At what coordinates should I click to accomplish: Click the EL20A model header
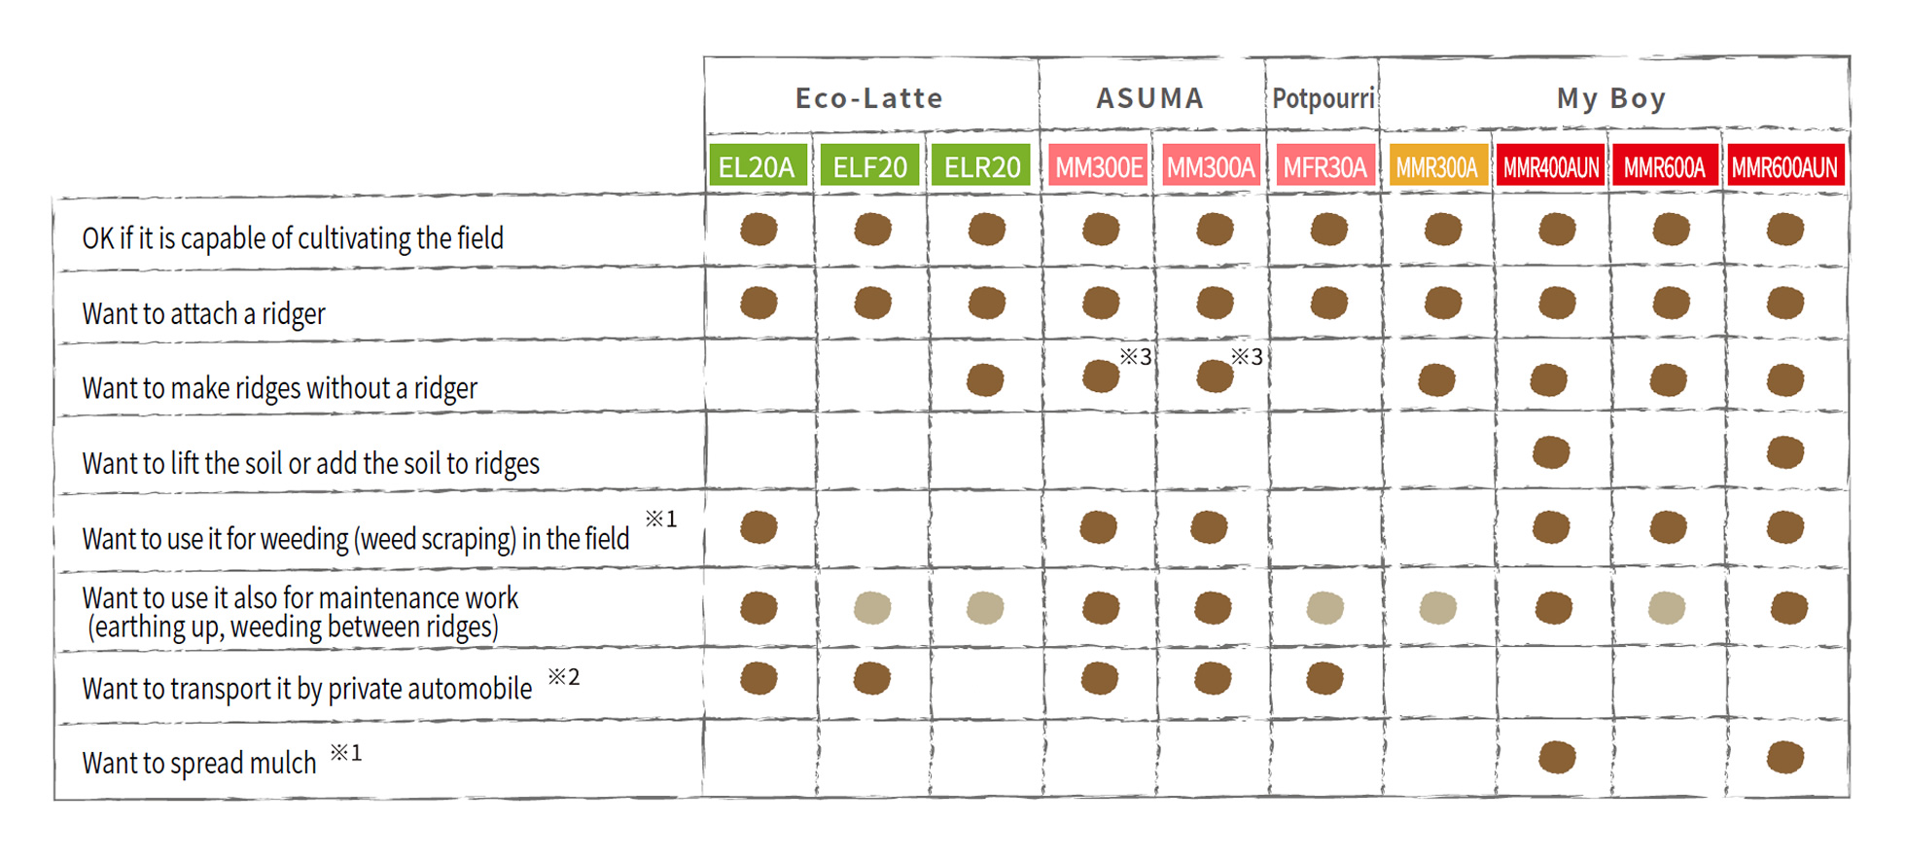click(758, 167)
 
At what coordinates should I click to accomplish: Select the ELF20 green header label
click(870, 167)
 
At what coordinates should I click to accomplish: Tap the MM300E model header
click(1099, 167)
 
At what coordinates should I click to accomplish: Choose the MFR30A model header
click(1324, 167)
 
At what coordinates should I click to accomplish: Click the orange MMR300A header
click(1437, 167)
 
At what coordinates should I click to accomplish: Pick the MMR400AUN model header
click(1551, 167)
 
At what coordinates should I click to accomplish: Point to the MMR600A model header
click(1665, 167)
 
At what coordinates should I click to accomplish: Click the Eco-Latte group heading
click(869, 98)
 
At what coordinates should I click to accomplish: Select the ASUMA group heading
click(1150, 98)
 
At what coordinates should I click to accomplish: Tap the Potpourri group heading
click(1324, 98)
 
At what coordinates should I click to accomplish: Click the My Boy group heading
click(1611, 99)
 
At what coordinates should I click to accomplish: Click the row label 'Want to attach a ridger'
click(203, 314)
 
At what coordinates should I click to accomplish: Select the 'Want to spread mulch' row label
click(199, 763)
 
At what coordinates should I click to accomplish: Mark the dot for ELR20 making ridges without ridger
click(985, 379)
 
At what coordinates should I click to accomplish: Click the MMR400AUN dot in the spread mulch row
click(1557, 757)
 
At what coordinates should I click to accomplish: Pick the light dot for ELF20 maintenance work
click(872, 608)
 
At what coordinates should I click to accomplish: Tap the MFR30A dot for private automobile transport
click(1324, 678)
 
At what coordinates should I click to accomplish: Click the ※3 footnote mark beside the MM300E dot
click(1136, 356)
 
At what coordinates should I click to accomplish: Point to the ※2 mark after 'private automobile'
click(564, 676)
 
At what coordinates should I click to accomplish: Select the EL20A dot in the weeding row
click(759, 527)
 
